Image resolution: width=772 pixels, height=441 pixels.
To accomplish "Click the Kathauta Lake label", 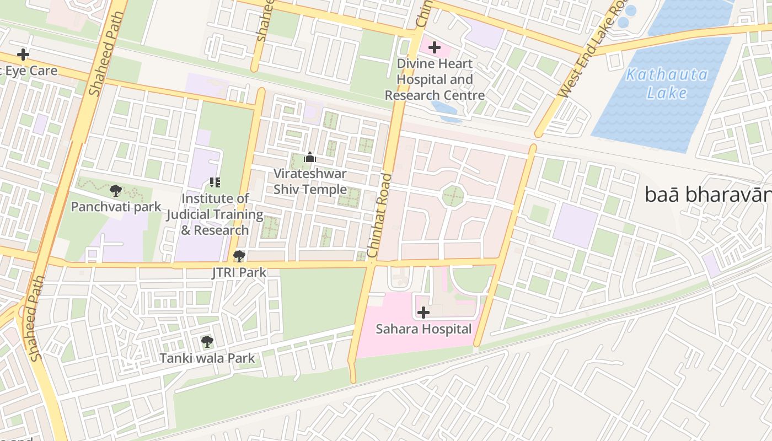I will pyautogui.click(x=667, y=83).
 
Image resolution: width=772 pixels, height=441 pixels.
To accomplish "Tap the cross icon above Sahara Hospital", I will pyautogui.click(x=423, y=313).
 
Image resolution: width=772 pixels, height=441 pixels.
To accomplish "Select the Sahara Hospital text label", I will pyautogui.click(x=423, y=329).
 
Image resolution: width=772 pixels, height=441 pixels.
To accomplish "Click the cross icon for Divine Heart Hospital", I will pyautogui.click(x=435, y=47).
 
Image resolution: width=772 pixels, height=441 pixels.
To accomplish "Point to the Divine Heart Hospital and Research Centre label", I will pyautogui.click(x=435, y=79).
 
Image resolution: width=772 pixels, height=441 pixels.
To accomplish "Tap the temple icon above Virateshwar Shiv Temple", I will pyautogui.click(x=310, y=158).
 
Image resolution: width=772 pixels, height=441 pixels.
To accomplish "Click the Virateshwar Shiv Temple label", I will pyautogui.click(x=310, y=181).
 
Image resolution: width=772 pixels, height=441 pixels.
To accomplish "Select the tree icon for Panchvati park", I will pyautogui.click(x=115, y=191).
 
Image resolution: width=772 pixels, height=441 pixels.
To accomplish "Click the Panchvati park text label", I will pyautogui.click(x=116, y=207).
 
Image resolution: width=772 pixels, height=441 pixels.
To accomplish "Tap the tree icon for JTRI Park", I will pyautogui.click(x=239, y=256).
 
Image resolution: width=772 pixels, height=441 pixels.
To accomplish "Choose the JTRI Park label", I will pyautogui.click(x=239, y=272).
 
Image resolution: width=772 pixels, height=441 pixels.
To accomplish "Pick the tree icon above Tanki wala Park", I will pyautogui.click(x=207, y=342).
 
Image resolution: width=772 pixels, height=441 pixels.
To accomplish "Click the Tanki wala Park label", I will pyautogui.click(x=207, y=358).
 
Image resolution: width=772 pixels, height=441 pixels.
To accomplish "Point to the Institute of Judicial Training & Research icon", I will pyautogui.click(x=215, y=182).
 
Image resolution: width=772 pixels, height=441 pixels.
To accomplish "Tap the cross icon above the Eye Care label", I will pyautogui.click(x=23, y=55).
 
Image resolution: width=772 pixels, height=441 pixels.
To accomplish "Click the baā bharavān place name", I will pyautogui.click(x=707, y=195).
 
